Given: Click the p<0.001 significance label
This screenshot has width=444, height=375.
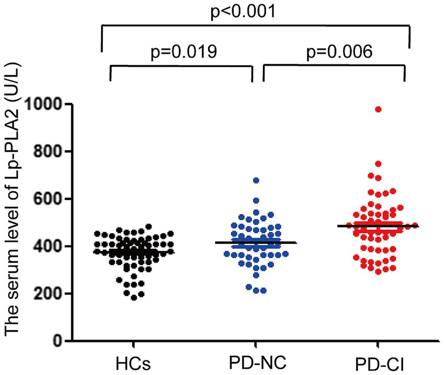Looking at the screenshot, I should pos(255,11).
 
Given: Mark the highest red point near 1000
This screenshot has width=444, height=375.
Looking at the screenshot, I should pos(378,109).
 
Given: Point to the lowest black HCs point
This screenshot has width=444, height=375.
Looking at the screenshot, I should pos(134,297).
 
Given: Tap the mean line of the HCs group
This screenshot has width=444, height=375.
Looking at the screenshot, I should pos(134,252).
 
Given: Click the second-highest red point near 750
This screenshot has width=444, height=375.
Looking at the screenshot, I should pos(378,164).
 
